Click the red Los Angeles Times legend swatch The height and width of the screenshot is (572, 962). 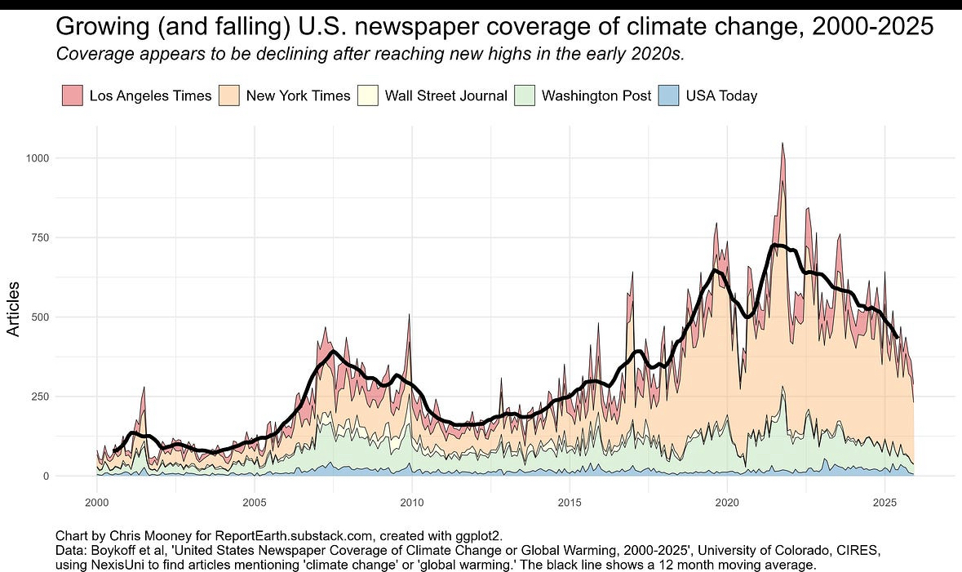tap(73, 95)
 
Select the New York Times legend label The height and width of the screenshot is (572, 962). tap(298, 95)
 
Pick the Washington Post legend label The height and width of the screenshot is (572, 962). tap(596, 95)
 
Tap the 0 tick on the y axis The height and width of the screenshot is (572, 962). tap(46, 476)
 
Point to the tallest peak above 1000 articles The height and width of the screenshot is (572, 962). tap(782, 145)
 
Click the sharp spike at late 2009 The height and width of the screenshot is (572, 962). tap(409, 316)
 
